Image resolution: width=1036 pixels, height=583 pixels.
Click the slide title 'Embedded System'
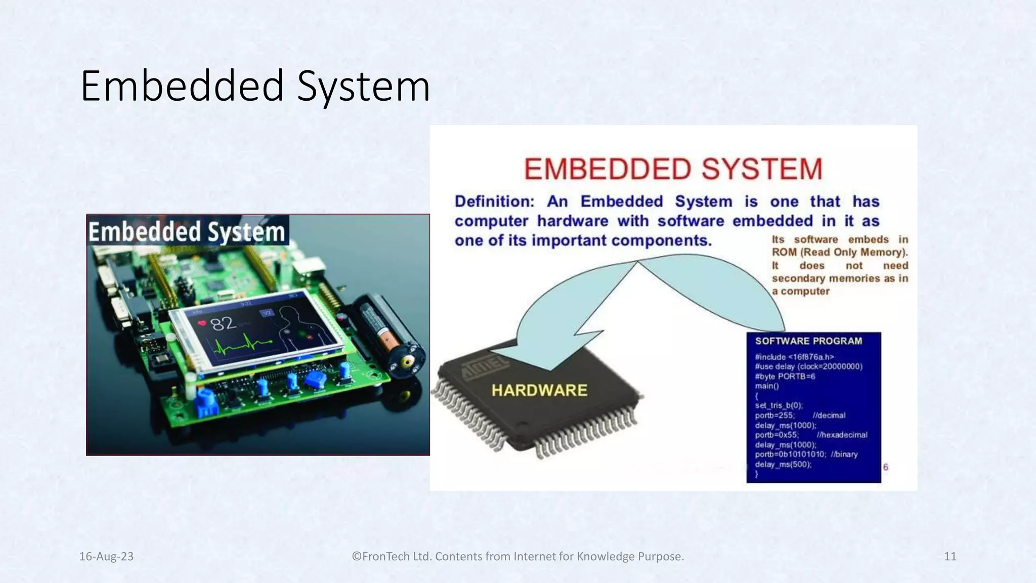click(255, 86)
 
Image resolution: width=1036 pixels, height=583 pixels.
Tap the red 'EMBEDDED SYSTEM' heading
click(673, 169)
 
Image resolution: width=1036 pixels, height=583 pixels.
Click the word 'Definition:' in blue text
click(494, 201)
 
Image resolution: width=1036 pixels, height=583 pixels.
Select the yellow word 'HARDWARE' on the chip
click(539, 390)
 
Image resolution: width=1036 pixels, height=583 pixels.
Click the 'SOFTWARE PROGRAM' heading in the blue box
click(808, 341)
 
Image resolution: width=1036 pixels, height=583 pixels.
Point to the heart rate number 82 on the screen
click(223, 323)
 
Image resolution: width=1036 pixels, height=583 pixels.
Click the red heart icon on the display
click(202, 323)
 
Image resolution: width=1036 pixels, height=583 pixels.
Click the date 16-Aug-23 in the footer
click(106, 557)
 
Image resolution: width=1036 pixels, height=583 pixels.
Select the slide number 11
click(950, 557)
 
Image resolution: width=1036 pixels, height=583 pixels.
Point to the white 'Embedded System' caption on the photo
click(187, 232)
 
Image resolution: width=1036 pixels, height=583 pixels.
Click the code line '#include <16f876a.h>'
click(794, 357)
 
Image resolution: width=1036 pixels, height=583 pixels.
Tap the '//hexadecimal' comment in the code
click(842, 435)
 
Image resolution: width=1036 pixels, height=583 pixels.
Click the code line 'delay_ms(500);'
click(783, 464)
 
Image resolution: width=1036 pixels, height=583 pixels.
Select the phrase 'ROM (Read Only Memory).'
click(840, 252)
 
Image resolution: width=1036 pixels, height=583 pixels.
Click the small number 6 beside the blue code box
click(885, 467)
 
